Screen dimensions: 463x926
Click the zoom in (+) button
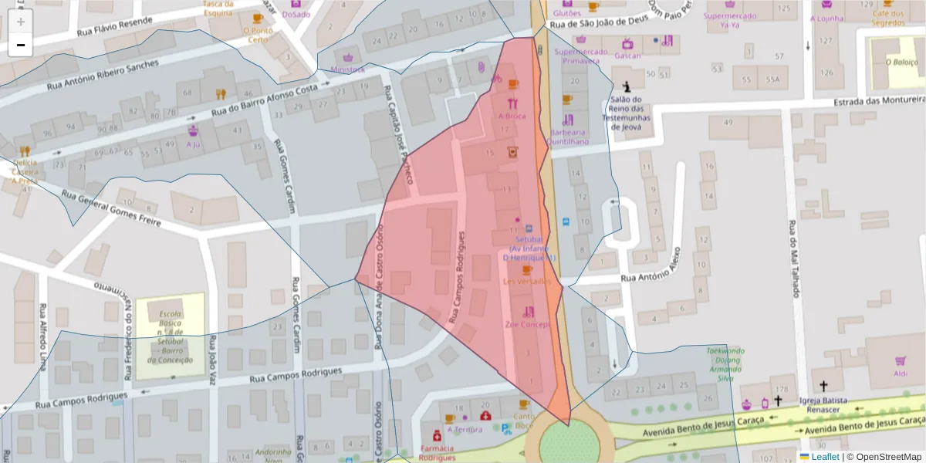[21, 22]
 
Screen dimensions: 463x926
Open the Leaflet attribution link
[824, 457]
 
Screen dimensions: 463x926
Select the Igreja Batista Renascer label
[823, 405]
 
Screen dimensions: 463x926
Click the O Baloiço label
[896, 63]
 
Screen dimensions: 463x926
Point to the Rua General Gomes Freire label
[112, 209]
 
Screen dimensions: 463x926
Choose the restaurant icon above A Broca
[512, 103]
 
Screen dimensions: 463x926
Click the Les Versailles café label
[527, 282]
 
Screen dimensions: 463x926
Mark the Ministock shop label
[347, 69]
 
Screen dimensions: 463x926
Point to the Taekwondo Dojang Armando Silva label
[725, 364]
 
